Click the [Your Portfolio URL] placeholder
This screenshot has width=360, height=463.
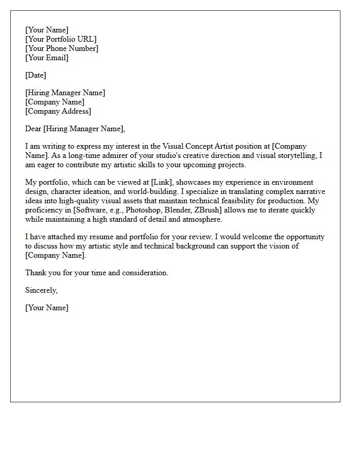[x=61, y=39]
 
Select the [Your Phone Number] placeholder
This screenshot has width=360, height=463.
[x=62, y=48]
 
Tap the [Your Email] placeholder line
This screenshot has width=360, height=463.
[x=47, y=58]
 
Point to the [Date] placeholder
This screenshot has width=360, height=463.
[x=35, y=75]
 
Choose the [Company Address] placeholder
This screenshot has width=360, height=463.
[x=58, y=111]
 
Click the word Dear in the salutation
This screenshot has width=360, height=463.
[x=33, y=129]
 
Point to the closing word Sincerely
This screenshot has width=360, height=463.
[x=41, y=290]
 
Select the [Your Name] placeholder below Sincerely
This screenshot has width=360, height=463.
[x=47, y=308]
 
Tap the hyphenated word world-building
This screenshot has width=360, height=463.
[x=137, y=192]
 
